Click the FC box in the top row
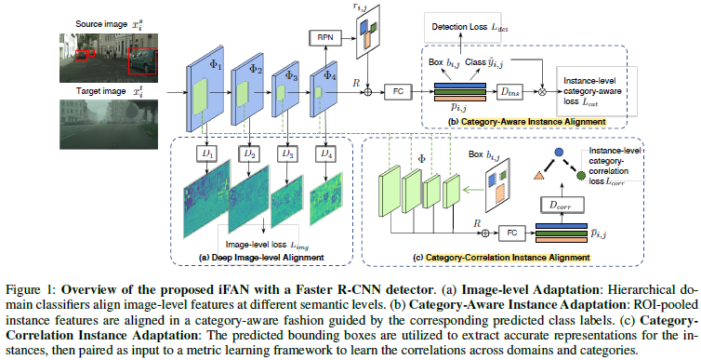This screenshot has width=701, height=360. pyautogui.click(x=399, y=92)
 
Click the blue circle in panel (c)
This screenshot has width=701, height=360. pyautogui.click(x=559, y=151)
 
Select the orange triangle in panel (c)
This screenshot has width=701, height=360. pyautogui.click(x=538, y=174)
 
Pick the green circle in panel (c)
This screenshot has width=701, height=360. pyautogui.click(x=581, y=173)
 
